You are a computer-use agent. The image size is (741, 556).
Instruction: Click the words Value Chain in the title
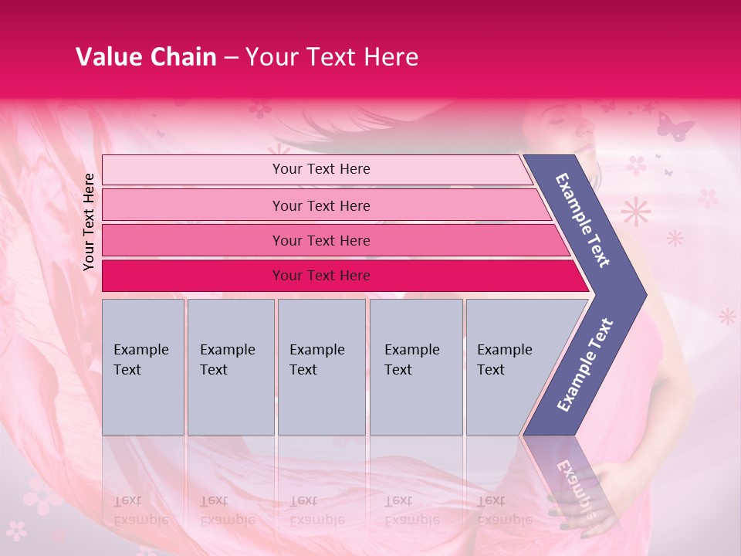[146, 57]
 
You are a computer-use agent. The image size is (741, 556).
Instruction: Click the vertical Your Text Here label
[90, 222]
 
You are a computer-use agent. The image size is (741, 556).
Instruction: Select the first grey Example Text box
[143, 366]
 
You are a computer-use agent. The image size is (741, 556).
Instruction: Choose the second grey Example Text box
[230, 366]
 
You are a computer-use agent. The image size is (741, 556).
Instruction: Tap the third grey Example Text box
[321, 366]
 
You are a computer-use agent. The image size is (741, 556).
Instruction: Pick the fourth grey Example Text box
[415, 366]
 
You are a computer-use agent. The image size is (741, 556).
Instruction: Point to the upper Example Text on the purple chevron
[583, 219]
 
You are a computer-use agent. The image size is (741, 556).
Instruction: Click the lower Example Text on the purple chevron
[584, 364]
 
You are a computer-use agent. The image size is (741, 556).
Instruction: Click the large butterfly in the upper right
[674, 125]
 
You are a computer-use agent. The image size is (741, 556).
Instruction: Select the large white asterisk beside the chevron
[635, 211]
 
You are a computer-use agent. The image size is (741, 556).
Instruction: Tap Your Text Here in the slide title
[332, 57]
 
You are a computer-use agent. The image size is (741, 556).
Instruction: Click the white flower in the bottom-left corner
[16, 531]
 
